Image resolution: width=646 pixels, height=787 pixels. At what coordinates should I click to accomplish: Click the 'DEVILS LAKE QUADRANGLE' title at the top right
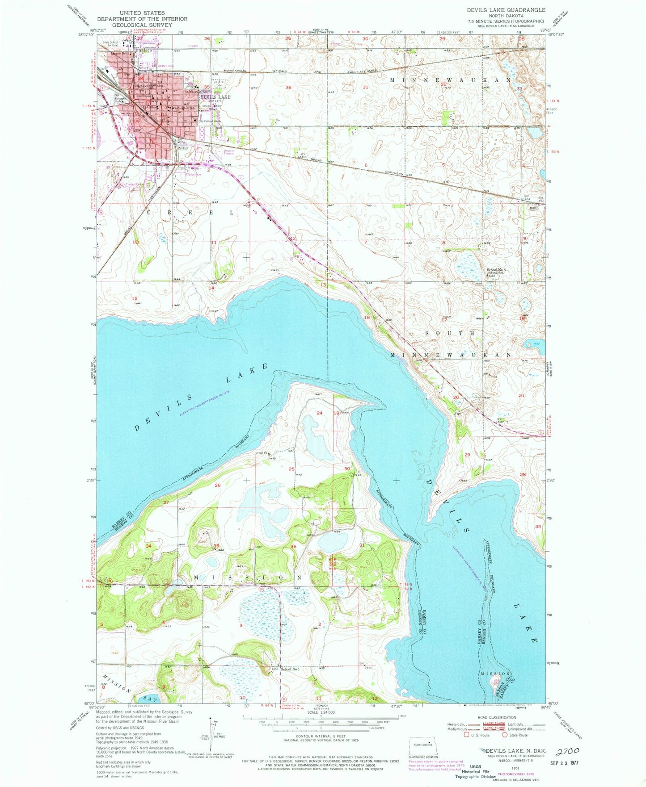click(506, 10)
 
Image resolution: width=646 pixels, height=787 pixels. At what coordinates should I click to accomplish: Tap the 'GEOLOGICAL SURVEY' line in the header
click(142, 25)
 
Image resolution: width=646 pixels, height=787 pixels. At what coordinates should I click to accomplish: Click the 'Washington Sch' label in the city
click(183, 108)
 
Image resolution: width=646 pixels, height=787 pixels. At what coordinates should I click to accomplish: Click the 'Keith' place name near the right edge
click(534, 208)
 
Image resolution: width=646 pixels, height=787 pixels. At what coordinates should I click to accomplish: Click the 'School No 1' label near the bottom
click(290, 669)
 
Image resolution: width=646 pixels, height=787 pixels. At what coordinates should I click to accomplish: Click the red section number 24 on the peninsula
click(319, 413)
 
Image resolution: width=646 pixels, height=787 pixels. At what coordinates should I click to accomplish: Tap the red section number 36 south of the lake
click(294, 546)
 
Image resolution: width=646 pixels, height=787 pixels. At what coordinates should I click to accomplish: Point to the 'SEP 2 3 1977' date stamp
click(565, 762)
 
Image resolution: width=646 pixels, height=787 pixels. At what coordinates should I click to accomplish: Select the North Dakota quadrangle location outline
click(424, 745)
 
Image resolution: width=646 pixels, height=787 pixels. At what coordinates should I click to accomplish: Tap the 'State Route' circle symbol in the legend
click(506, 734)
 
